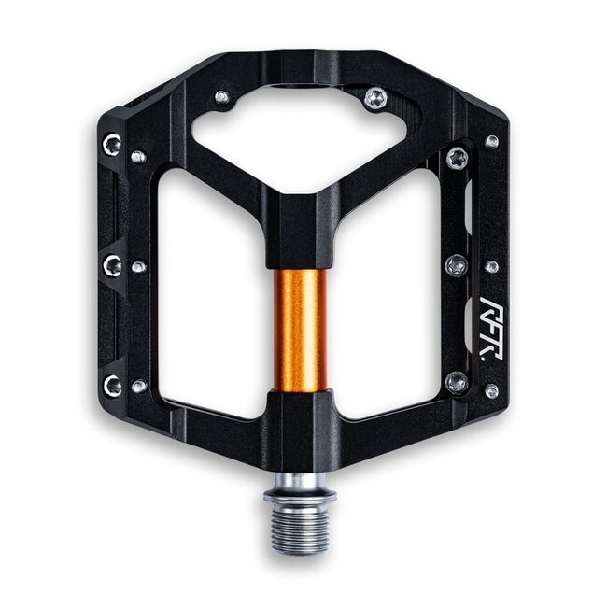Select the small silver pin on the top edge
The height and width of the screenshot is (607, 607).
point(220,96)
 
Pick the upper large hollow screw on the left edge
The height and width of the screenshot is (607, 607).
point(112,144)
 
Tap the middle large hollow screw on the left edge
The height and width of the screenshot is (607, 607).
point(112,265)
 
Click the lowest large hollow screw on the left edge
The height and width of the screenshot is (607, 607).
point(112,384)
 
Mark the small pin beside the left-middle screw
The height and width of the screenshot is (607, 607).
point(138,267)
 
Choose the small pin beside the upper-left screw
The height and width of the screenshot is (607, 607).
point(137,156)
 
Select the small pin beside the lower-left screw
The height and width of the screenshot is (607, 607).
point(138,385)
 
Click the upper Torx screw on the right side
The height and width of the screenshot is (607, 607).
point(457,159)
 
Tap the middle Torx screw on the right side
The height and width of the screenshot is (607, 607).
point(457,265)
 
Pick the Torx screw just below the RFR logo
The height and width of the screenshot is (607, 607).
point(456,381)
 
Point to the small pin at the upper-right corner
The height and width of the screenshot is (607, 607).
point(491,142)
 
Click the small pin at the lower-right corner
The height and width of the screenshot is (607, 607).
point(491,390)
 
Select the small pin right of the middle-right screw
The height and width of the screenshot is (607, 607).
point(491,267)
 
